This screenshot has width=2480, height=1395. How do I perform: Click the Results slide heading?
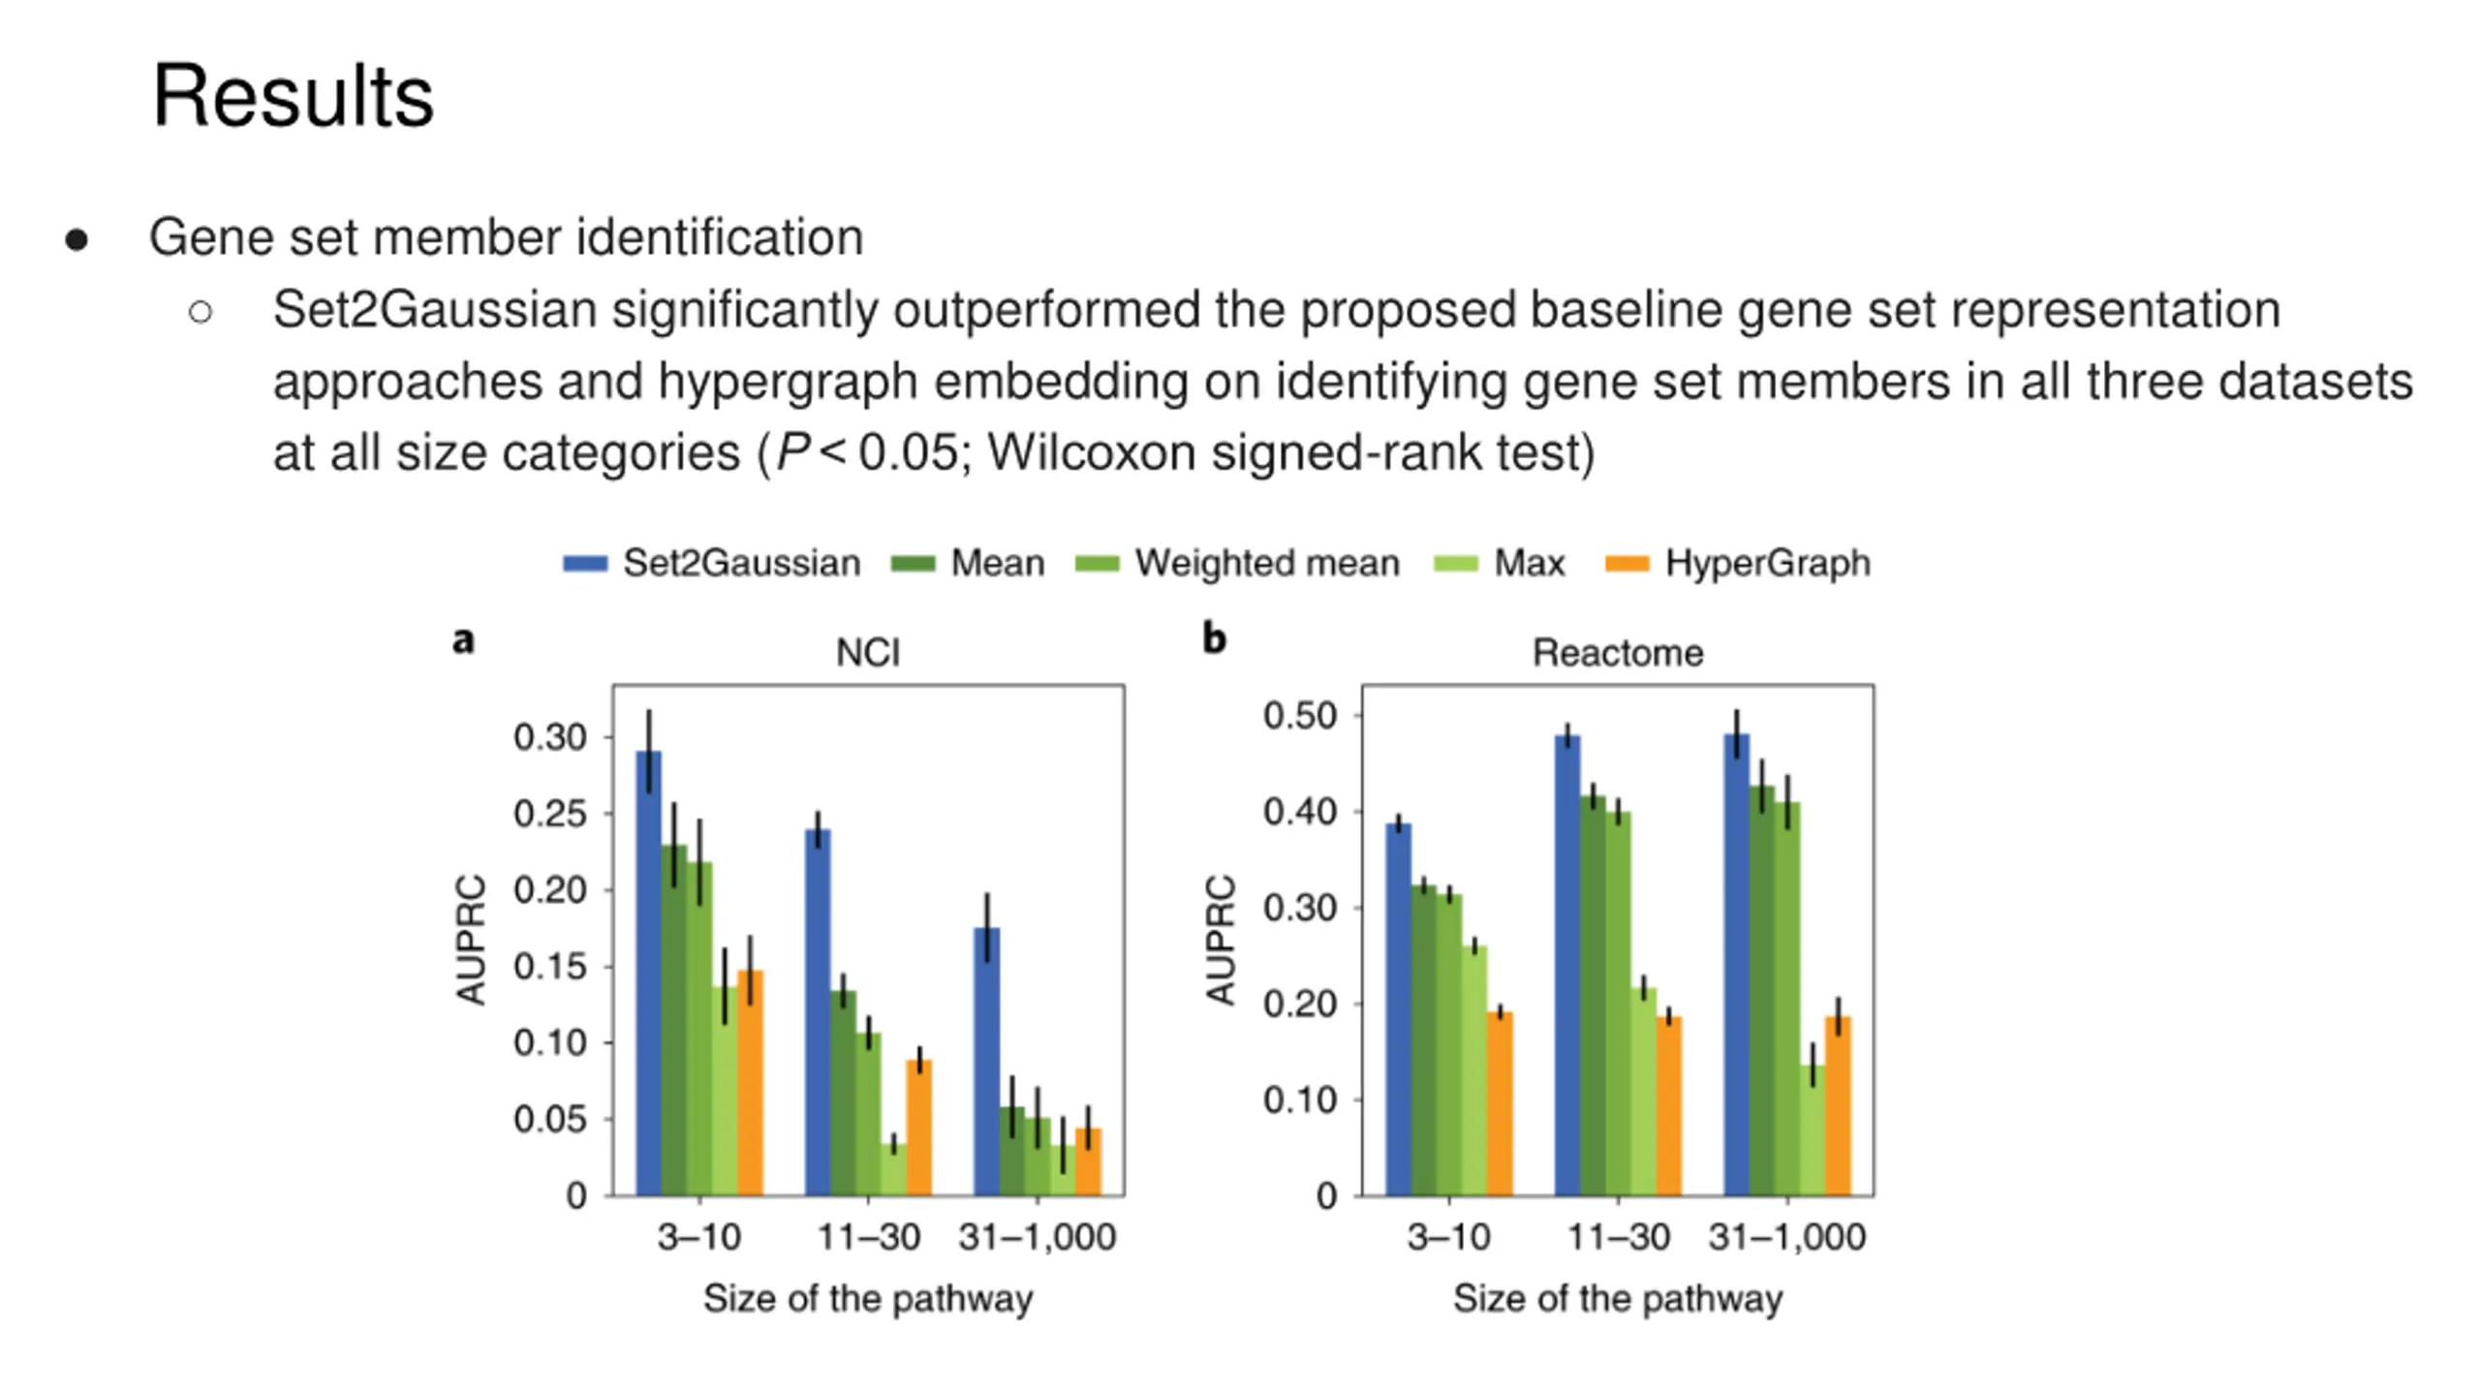click(x=293, y=96)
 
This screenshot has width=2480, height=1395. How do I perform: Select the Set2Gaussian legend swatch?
click(x=585, y=564)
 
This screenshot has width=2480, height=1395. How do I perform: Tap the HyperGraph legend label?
click(x=1767, y=563)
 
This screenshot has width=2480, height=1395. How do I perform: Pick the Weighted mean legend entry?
click(x=1266, y=563)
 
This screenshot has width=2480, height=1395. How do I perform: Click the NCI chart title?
click(x=868, y=653)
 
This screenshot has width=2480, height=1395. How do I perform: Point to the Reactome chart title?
click(x=1617, y=653)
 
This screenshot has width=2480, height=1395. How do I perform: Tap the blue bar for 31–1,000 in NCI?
click(x=986, y=1061)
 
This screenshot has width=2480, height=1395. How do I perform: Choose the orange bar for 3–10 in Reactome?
click(x=1500, y=1103)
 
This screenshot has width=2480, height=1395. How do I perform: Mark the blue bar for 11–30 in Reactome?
click(x=1566, y=965)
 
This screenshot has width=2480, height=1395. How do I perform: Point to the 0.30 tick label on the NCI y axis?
click(x=549, y=737)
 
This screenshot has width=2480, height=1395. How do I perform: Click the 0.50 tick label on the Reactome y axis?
click(x=1299, y=716)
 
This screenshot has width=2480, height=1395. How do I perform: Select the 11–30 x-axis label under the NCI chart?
click(x=868, y=1237)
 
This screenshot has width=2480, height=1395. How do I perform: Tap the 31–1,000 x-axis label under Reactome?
click(x=1786, y=1237)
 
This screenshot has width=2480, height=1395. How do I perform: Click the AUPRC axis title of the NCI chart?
click(x=471, y=940)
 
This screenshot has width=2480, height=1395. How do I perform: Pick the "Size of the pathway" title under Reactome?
click(x=1617, y=1298)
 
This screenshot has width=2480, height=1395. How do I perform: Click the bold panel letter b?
click(x=1214, y=638)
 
